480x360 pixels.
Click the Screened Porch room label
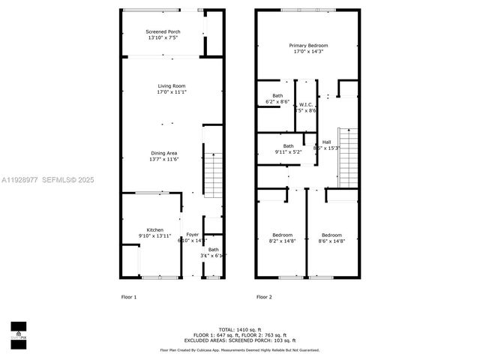[x=163, y=31]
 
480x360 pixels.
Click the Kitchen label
[x=155, y=230]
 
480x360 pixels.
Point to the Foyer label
[x=193, y=235]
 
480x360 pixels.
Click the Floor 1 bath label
[x=213, y=250]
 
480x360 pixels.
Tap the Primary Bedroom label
[x=309, y=46]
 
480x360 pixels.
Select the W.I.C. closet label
[x=305, y=104]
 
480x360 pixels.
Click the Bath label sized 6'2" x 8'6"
[x=278, y=95]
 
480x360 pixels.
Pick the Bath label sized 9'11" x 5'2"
[x=288, y=146]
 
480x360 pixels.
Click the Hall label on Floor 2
[x=326, y=142]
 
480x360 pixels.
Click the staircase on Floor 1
[x=214, y=172]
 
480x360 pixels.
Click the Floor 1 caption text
[x=129, y=297]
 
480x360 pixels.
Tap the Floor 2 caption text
[x=264, y=297]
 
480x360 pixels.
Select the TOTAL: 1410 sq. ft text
[x=240, y=329]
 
